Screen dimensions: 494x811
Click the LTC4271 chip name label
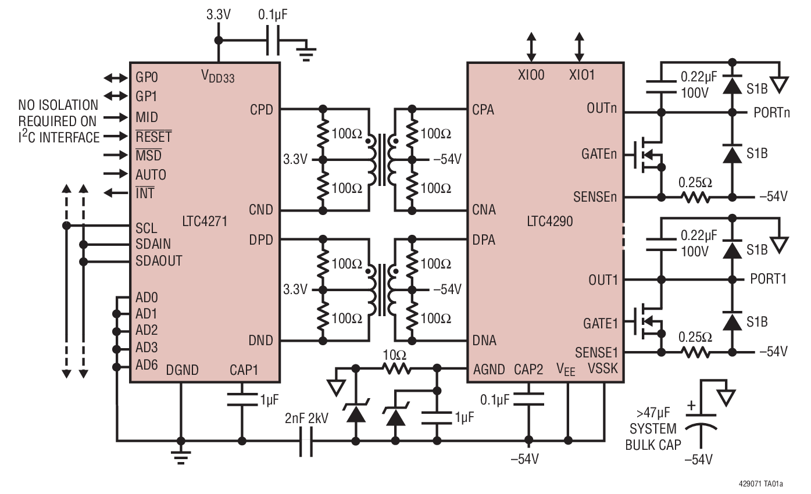[204, 221]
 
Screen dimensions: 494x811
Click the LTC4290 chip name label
[550, 221]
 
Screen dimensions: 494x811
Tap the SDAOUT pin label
[159, 261]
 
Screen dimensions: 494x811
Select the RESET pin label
[153, 137]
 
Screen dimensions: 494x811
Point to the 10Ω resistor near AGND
[396, 368]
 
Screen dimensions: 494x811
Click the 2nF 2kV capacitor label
[306, 418]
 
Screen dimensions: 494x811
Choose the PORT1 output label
[768, 279]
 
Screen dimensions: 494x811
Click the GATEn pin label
[599, 155]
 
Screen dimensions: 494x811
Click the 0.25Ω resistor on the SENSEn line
[695, 196]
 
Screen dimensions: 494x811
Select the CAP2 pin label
[528, 368]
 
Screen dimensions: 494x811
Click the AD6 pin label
[147, 365]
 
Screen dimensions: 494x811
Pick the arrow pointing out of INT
[115, 193]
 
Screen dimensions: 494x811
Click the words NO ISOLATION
[58, 105]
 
